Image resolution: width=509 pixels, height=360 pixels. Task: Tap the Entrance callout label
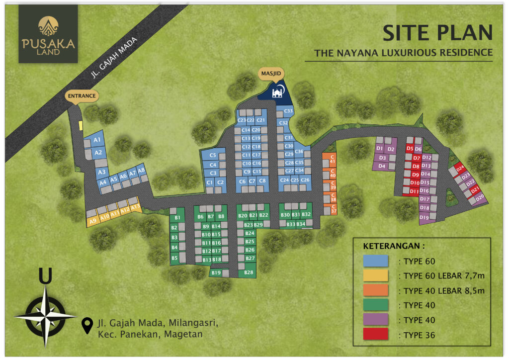pyautogui.click(x=82, y=95)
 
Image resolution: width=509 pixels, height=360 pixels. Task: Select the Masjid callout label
pyautogui.click(x=272, y=74)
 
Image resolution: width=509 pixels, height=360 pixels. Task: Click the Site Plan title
pyautogui.click(x=437, y=33)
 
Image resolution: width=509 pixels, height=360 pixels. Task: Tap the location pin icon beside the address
pyautogui.click(x=88, y=325)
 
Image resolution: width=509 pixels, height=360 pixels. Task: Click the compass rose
pyautogui.click(x=45, y=316)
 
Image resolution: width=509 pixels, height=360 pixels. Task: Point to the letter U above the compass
pyautogui.click(x=45, y=277)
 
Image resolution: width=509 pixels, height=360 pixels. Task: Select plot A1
pyautogui.click(x=97, y=140)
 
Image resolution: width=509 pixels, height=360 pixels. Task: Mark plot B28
pyautogui.click(x=249, y=272)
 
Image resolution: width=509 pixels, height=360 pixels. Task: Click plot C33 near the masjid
pyautogui.click(x=288, y=110)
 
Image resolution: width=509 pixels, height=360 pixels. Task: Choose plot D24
pyautogui.click(x=459, y=168)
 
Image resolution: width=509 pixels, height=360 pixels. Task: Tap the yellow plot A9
pyautogui.click(x=93, y=220)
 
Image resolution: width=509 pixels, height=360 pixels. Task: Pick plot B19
pyautogui.click(x=216, y=272)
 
